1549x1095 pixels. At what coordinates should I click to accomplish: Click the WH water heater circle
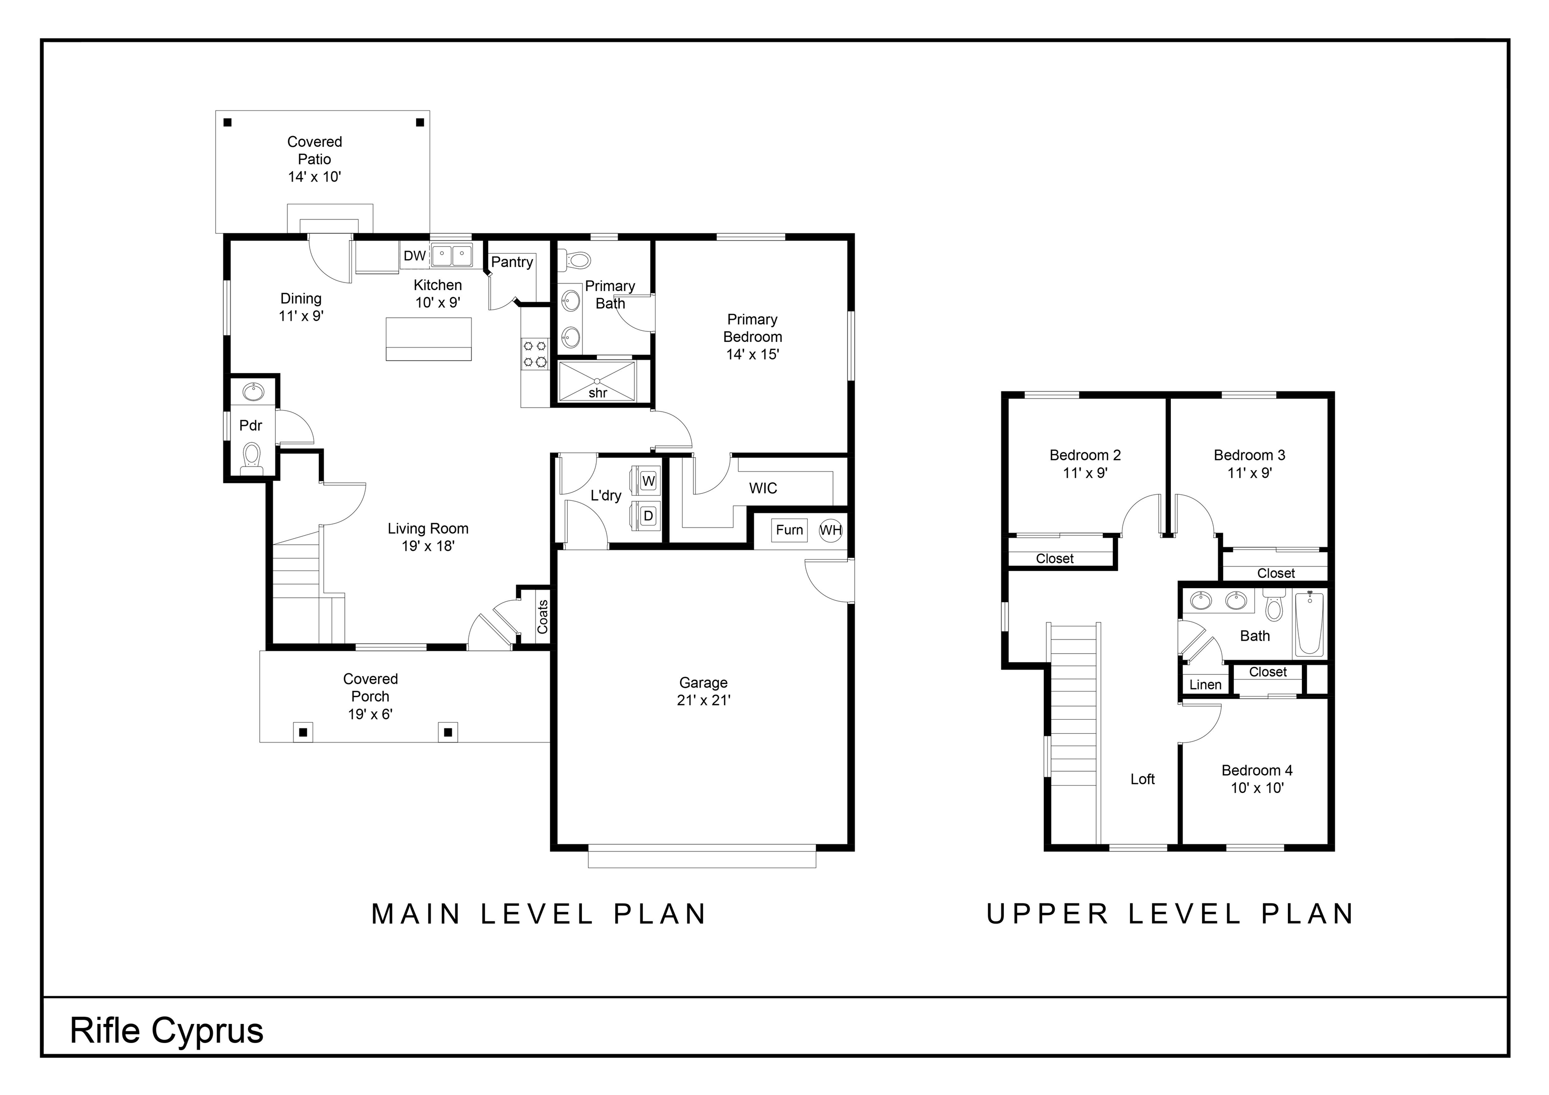830,530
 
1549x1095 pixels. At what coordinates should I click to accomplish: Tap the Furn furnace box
789,530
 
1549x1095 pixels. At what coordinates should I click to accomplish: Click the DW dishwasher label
415,256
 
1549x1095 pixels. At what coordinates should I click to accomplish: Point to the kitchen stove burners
535,354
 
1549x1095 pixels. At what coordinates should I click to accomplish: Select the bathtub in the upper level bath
1309,623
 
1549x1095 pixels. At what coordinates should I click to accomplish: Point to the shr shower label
598,393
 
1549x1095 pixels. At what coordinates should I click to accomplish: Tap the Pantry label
512,262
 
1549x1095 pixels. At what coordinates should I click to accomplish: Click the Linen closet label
1205,685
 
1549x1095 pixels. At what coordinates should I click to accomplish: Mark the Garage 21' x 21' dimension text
704,700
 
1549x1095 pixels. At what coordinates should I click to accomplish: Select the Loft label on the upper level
1142,779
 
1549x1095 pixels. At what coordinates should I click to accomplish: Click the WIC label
763,488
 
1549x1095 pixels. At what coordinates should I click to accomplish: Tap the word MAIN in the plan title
416,914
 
